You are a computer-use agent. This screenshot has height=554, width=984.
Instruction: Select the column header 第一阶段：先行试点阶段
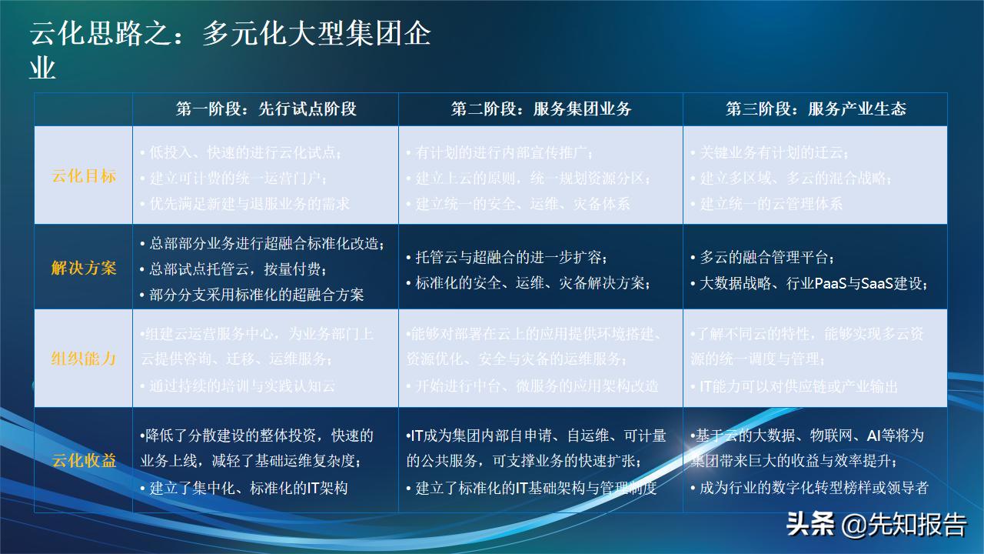pos(266,109)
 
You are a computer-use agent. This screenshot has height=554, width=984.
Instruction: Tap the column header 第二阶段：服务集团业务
pos(540,109)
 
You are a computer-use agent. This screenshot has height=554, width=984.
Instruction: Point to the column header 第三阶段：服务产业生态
pos(816,109)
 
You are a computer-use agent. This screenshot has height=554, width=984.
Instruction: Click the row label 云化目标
pos(84,176)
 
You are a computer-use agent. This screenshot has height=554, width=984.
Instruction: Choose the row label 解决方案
pos(84,268)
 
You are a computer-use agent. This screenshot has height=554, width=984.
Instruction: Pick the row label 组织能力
pos(84,359)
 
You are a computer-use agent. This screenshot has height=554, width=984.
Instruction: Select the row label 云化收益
pos(84,460)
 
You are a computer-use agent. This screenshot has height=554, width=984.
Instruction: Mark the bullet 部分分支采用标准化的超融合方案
pos(256,294)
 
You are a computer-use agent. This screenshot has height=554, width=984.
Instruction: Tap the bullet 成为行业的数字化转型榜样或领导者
pos(813,487)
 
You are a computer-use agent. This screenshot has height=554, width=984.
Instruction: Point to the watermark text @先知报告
pos(904,526)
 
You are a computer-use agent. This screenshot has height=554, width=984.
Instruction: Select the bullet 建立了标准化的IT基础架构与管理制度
pos(536,487)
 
